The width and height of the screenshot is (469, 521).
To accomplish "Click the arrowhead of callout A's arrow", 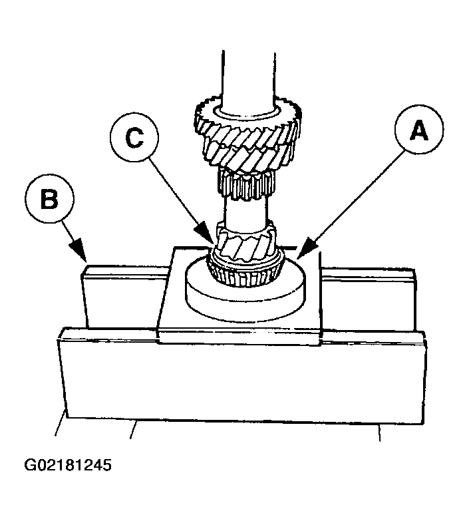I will (297, 256).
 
